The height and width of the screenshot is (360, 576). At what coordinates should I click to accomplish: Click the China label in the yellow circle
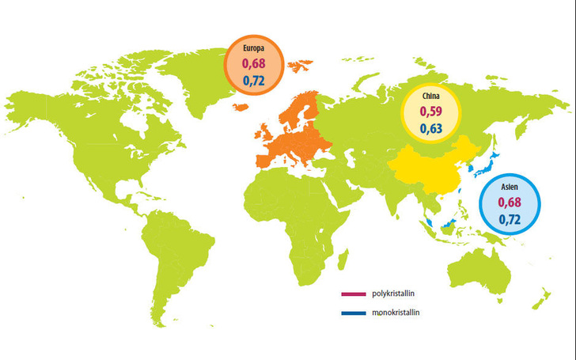[x=430, y=97]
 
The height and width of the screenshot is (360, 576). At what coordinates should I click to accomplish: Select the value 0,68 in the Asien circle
[x=510, y=203]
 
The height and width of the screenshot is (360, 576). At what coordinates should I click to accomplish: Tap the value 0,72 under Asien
[x=510, y=221]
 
